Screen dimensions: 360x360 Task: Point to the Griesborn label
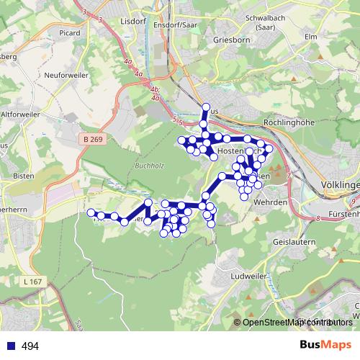click(x=232, y=40)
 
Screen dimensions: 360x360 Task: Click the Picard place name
click(x=70, y=32)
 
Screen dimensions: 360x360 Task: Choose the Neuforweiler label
click(x=66, y=75)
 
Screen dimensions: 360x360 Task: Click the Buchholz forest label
click(x=149, y=166)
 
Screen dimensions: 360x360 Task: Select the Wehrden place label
click(x=270, y=202)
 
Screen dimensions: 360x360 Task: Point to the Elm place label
click(x=311, y=35)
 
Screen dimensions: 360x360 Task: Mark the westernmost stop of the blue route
click(x=91, y=212)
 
